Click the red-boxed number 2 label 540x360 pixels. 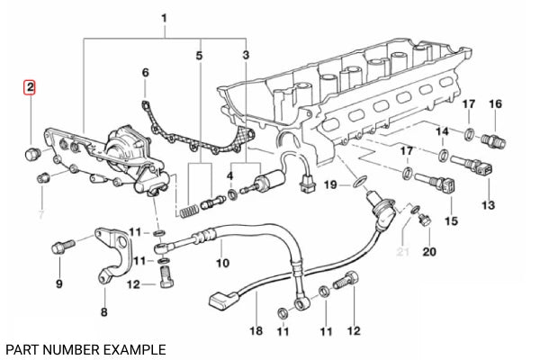click(30, 87)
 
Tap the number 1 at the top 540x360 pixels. click(164, 18)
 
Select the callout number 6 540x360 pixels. click(145, 72)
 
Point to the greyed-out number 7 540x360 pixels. click(39, 215)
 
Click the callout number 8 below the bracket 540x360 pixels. click(103, 313)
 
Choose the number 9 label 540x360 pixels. click(59, 284)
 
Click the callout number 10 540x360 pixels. click(224, 264)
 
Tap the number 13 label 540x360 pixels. click(489, 205)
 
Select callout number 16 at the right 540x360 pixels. click(494, 104)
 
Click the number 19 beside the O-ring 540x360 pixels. click(330, 184)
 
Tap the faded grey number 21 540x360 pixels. click(403, 250)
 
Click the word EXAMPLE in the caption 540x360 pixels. click(127, 348)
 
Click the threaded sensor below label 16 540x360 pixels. click(492, 139)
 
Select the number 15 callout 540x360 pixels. click(452, 220)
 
